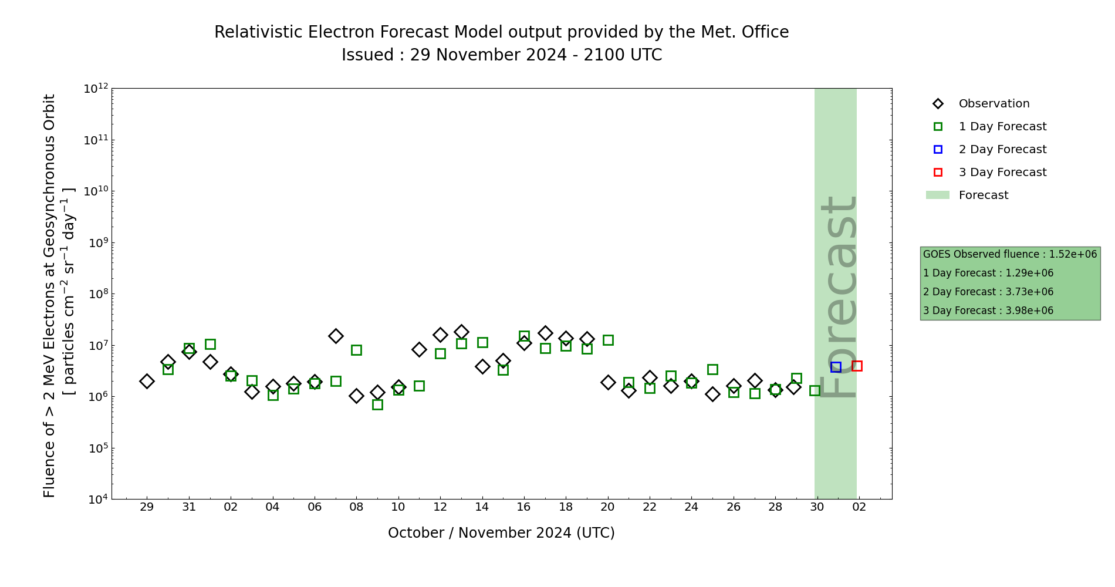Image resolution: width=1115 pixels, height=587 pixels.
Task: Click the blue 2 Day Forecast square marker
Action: [836, 367]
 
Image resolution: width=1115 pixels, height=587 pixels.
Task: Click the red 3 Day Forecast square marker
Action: [857, 366]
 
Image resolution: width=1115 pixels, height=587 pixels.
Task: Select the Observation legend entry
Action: [994, 104]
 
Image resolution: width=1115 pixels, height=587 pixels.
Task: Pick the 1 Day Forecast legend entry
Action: [1002, 127]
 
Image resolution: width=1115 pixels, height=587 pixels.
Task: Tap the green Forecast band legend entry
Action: [983, 195]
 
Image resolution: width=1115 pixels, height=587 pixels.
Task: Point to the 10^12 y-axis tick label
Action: [96, 89]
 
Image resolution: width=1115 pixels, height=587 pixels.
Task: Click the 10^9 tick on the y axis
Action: [96, 242]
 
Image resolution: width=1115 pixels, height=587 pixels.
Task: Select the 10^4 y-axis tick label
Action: [96, 499]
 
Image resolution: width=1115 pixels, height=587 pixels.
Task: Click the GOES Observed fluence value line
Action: [1009, 255]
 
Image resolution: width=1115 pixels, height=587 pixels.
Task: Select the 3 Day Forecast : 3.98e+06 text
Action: [988, 311]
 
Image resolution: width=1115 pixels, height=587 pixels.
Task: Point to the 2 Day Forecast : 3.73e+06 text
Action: [988, 292]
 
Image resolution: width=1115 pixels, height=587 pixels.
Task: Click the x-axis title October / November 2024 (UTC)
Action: [501, 533]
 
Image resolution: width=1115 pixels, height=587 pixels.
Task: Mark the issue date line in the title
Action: [501, 55]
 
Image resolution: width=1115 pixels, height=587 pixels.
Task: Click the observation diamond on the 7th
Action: [336, 336]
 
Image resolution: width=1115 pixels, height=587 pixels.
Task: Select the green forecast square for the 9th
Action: [377, 404]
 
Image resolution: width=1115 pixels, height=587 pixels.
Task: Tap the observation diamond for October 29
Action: [147, 381]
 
